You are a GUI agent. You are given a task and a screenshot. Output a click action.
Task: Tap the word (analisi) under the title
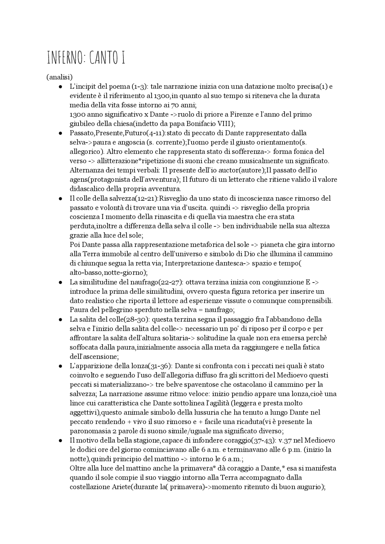point(60,77)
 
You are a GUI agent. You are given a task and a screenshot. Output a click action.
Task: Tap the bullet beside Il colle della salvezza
point(60,199)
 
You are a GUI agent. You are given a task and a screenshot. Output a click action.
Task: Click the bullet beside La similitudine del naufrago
point(60,283)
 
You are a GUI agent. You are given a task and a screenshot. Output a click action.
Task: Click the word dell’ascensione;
point(94,357)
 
